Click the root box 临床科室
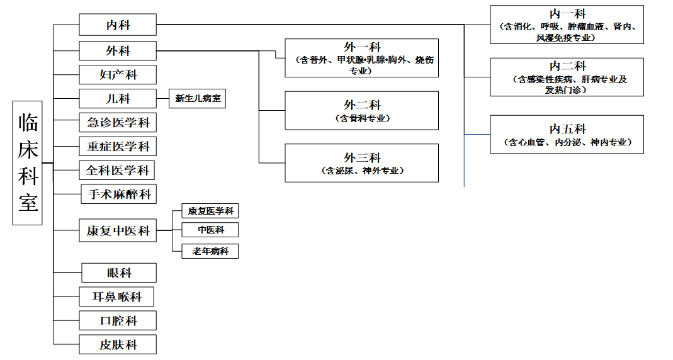pyautogui.click(x=27, y=163)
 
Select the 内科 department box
pyautogui.click(x=118, y=25)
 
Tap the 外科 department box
pyautogui.click(x=118, y=50)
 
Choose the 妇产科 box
pyautogui.click(x=118, y=75)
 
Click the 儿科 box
pyautogui.click(x=118, y=99)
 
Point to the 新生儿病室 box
pyautogui.click(x=198, y=99)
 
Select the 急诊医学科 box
pyautogui.click(x=118, y=123)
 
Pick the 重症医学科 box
pyautogui.click(x=118, y=146)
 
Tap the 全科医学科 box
pyautogui.click(x=116, y=171)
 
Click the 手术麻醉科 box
pyautogui.click(x=119, y=194)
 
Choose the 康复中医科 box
pyautogui.click(x=118, y=230)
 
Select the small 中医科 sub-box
pyautogui.click(x=210, y=230)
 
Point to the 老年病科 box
pyautogui.click(x=210, y=251)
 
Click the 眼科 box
pyautogui.click(x=119, y=273)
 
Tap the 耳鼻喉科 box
pyautogui.click(x=116, y=297)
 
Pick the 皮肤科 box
pyautogui.click(x=118, y=344)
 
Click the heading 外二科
pyautogui.click(x=362, y=105)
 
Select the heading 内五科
pyautogui.click(x=567, y=129)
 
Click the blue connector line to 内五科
pyautogui.click(x=477, y=134)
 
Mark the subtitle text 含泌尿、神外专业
pyautogui.click(x=362, y=171)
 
